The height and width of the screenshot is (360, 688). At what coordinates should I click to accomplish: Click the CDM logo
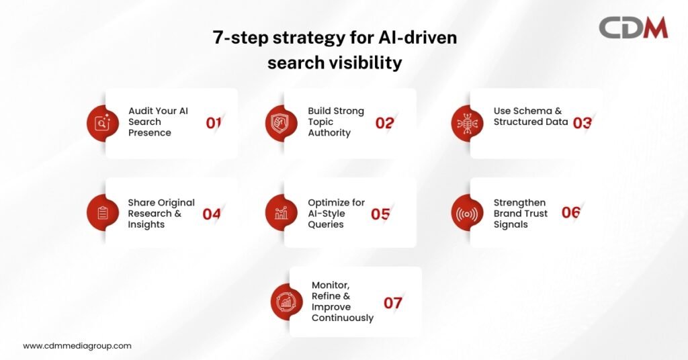[633, 28]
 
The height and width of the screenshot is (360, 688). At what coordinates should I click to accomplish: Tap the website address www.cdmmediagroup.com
[77, 346]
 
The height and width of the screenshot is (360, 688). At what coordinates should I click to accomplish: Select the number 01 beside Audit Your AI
[213, 123]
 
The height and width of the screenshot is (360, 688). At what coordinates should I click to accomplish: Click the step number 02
[384, 123]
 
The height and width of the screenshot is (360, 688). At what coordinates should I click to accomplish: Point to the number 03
[583, 123]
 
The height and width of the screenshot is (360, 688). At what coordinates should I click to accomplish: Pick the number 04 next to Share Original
[212, 214]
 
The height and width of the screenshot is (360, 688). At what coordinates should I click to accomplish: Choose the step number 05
[380, 214]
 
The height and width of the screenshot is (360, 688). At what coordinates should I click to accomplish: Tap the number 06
[571, 213]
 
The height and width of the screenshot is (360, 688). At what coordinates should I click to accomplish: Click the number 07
[392, 303]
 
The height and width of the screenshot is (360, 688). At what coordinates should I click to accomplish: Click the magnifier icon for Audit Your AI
[102, 123]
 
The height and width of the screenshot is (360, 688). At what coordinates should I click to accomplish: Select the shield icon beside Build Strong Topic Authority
[282, 123]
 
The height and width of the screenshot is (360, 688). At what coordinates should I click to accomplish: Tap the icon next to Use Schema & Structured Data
[467, 123]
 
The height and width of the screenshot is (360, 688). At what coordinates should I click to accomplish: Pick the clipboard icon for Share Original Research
[102, 213]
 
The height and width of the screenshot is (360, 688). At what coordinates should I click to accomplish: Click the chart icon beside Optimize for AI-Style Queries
[282, 213]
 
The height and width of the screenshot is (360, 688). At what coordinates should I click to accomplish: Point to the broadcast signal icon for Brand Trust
[467, 214]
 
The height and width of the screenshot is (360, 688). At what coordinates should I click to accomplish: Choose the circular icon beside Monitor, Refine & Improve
[286, 302]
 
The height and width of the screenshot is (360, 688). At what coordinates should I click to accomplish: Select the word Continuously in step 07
[343, 318]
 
